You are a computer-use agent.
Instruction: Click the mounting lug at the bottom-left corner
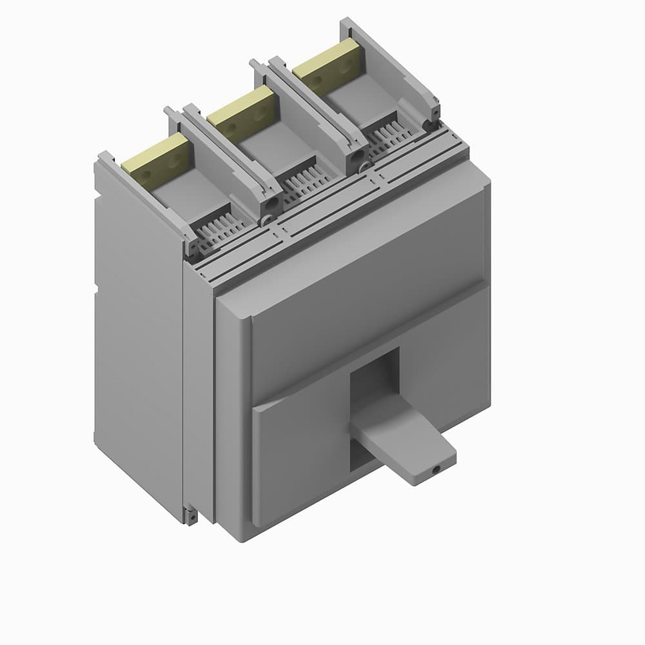(x=190, y=516)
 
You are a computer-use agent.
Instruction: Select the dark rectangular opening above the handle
(x=374, y=374)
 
